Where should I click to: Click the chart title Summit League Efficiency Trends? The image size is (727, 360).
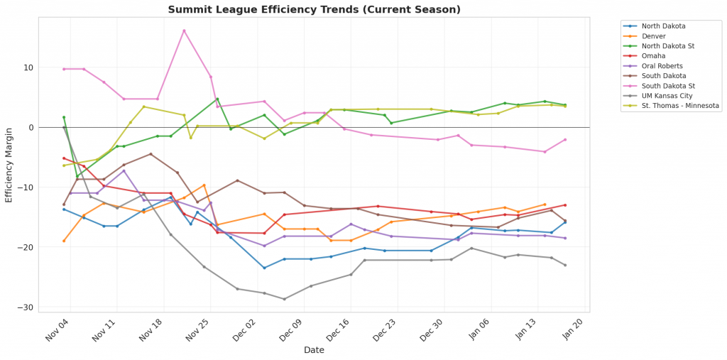pos(314,10)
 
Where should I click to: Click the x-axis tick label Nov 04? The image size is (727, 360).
pos(59,328)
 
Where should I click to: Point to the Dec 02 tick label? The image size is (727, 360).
pos(246,328)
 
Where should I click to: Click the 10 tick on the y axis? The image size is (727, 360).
pos(28,67)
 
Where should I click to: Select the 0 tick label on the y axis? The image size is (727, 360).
pos(30,128)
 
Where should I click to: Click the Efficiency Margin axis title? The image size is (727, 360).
pos(9,165)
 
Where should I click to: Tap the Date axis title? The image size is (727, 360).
pos(314,350)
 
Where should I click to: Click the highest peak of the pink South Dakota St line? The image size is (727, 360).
pos(184,31)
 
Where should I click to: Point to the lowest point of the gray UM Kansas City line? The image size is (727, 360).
pos(285,299)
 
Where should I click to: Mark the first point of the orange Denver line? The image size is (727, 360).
pos(64,241)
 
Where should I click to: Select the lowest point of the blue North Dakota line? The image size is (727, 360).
pos(264,268)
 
